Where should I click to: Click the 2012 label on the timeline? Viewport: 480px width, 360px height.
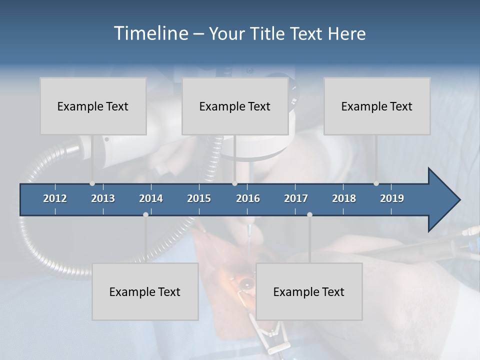point(55,198)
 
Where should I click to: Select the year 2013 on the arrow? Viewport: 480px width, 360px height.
point(103,198)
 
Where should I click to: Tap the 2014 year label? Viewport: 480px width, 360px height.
point(151,198)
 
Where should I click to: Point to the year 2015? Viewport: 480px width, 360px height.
point(199,198)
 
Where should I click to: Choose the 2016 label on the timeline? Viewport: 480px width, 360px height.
point(248,198)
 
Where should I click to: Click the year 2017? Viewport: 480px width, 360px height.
point(296,198)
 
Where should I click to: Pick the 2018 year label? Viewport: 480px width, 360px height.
point(344,198)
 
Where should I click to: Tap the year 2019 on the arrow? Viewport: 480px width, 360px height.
point(392,198)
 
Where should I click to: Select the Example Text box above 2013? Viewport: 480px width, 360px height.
point(93,106)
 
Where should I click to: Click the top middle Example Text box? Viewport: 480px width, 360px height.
point(235,106)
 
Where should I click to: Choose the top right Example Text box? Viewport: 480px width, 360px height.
point(377,106)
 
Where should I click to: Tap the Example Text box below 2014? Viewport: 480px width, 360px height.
point(145,291)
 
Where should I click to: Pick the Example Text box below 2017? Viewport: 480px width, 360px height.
point(309,291)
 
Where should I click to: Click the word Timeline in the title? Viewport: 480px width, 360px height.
point(150,33)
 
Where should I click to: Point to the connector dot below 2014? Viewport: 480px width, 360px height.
point(145,214)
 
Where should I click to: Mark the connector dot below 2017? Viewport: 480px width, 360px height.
point(309,214)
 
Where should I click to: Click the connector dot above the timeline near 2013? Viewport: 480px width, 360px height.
point(92,183)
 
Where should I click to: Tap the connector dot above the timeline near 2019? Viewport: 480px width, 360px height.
point(376,183)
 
